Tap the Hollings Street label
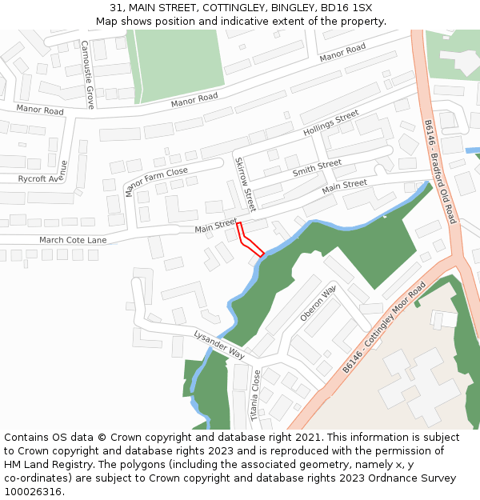click(x=331, y=123)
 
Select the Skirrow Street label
click(x=245, y=183)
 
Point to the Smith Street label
click(x=317, y=169)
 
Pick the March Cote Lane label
click(x=73, y=240)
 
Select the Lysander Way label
click(x=218, y=343)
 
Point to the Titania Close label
click(x=256, y=395)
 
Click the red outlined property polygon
click(x=250, y=242)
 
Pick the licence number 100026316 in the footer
click(x=33, y=491)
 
